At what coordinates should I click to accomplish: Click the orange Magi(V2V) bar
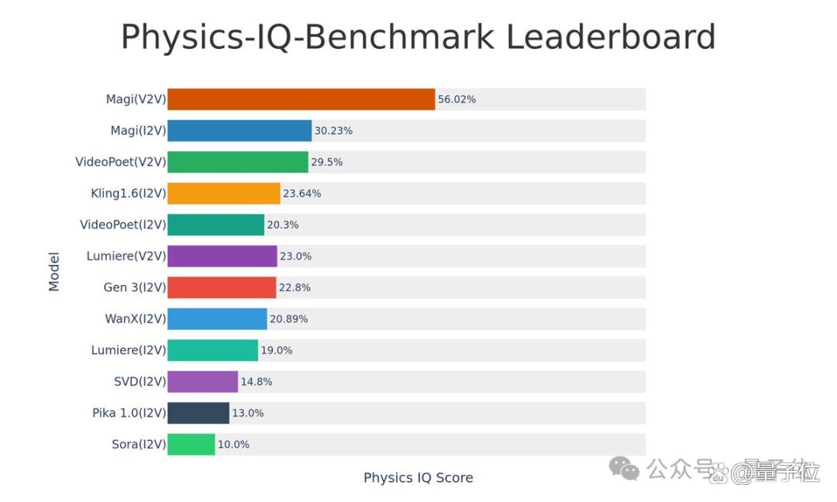[301, 99]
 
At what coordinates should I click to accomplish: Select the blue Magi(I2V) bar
[239, 131]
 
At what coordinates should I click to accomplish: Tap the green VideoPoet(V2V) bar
[238, 162]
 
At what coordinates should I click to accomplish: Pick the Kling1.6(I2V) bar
[224, 193]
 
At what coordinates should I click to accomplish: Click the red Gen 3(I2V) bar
[222, 287]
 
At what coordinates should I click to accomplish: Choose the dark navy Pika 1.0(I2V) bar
[198, 413]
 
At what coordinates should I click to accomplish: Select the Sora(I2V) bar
[191, 445]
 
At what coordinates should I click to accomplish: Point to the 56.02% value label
[457, 99]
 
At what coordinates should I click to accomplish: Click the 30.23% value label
[333, 131]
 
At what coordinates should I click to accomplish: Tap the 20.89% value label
[289, 319]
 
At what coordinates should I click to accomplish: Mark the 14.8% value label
[257, 381]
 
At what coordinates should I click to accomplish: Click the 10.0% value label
[234, 445]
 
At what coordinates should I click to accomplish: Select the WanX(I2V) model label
[136, 319]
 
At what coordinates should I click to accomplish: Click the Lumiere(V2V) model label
[126, 256]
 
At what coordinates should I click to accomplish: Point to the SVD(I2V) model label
[139, 381]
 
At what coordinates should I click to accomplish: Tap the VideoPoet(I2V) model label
[123, 225]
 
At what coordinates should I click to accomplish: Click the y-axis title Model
[54, 272]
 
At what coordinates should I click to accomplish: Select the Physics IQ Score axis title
[418, 477]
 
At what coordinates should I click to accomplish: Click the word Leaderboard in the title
[611, 37]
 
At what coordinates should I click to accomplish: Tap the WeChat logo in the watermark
[624, 469]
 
